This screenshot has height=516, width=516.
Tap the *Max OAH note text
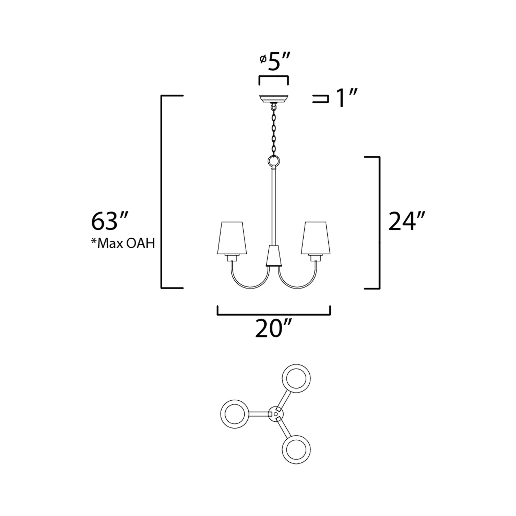[x=123, y=244]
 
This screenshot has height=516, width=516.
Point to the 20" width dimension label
[x=272, y=329]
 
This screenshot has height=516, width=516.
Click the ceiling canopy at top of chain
[x=274, y=99]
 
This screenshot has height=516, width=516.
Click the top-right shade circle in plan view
[x=296, y=378]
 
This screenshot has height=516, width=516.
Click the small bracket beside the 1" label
[x=321, y=99]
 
